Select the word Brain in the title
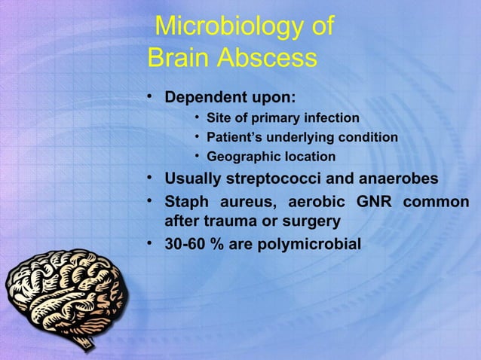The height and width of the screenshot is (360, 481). pos(179,58)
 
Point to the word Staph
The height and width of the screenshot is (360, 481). pos(186,203)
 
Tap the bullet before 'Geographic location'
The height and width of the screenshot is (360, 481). pos(196,157)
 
